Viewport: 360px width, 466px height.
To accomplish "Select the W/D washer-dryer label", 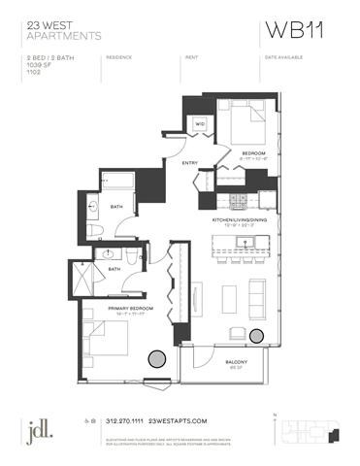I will tap(200, 124).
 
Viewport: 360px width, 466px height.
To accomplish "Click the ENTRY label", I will tap(190, 163).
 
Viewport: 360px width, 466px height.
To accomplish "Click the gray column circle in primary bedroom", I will tap(155, 358).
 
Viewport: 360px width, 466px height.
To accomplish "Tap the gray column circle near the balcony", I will tap(256, 335).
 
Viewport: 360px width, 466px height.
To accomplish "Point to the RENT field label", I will tap(191, 57).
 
